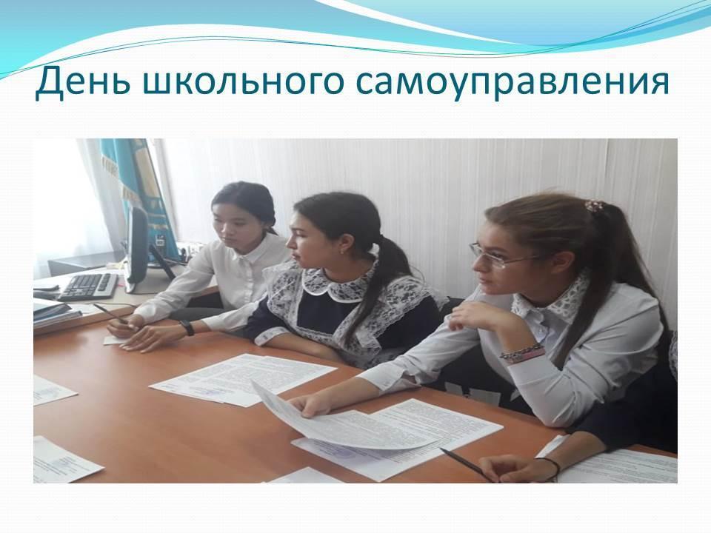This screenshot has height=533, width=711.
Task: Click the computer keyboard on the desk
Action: click(88, 286)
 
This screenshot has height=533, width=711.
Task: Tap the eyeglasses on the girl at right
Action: click(504, 257)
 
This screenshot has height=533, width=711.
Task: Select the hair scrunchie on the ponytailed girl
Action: click(593, 206)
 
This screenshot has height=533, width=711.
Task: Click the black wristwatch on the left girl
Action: click(187, 327)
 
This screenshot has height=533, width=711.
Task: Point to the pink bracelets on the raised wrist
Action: click(523, 352)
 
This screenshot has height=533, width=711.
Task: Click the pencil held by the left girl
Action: click(110, 313)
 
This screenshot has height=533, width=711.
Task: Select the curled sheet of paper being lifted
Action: click(336, 421)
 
